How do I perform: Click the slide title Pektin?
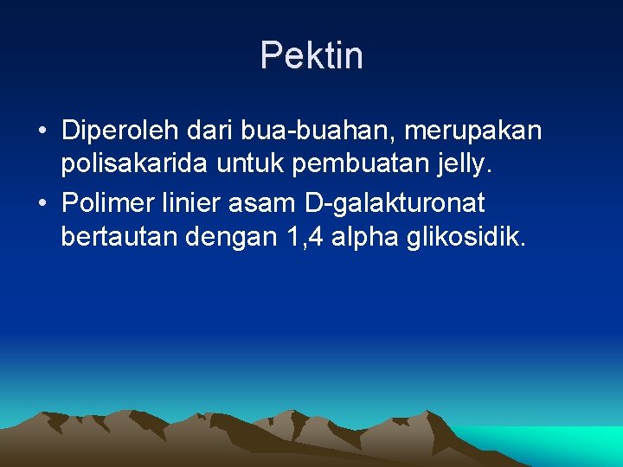coord(311,56)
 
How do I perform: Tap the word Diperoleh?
coord(117,131)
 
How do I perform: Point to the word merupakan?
coord(473,131)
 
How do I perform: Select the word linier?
coord(194,204)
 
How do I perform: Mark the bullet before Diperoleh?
coord(42,131)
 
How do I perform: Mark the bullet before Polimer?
coord(42,205)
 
